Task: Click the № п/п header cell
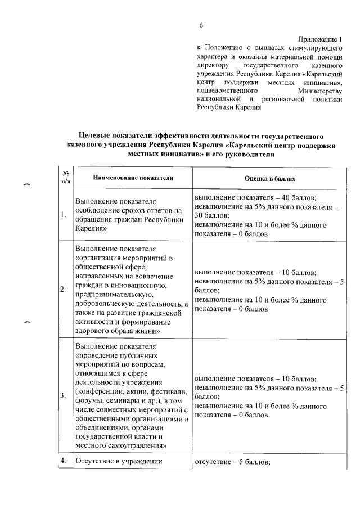tap(65, 177)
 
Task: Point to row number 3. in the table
tap(64, 395)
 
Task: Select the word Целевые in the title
tap(97, 136)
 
